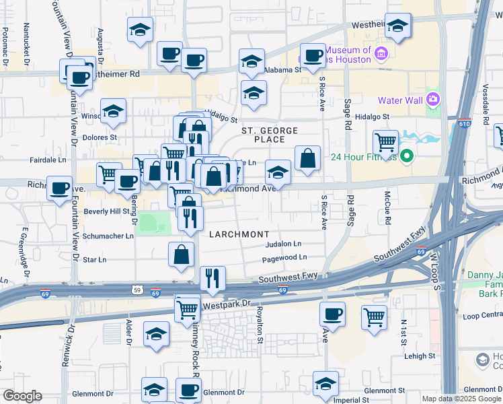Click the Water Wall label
(399, 100)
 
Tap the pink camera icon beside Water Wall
(432, 100)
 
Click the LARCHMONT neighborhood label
(239, 234)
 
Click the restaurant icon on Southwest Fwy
(212, 278)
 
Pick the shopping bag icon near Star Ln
(182, 255)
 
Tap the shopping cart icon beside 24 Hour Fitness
(385, 143)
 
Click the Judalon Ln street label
(284, 244)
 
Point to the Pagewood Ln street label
(284, 257)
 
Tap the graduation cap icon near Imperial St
(326, 384)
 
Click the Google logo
(22, 396)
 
